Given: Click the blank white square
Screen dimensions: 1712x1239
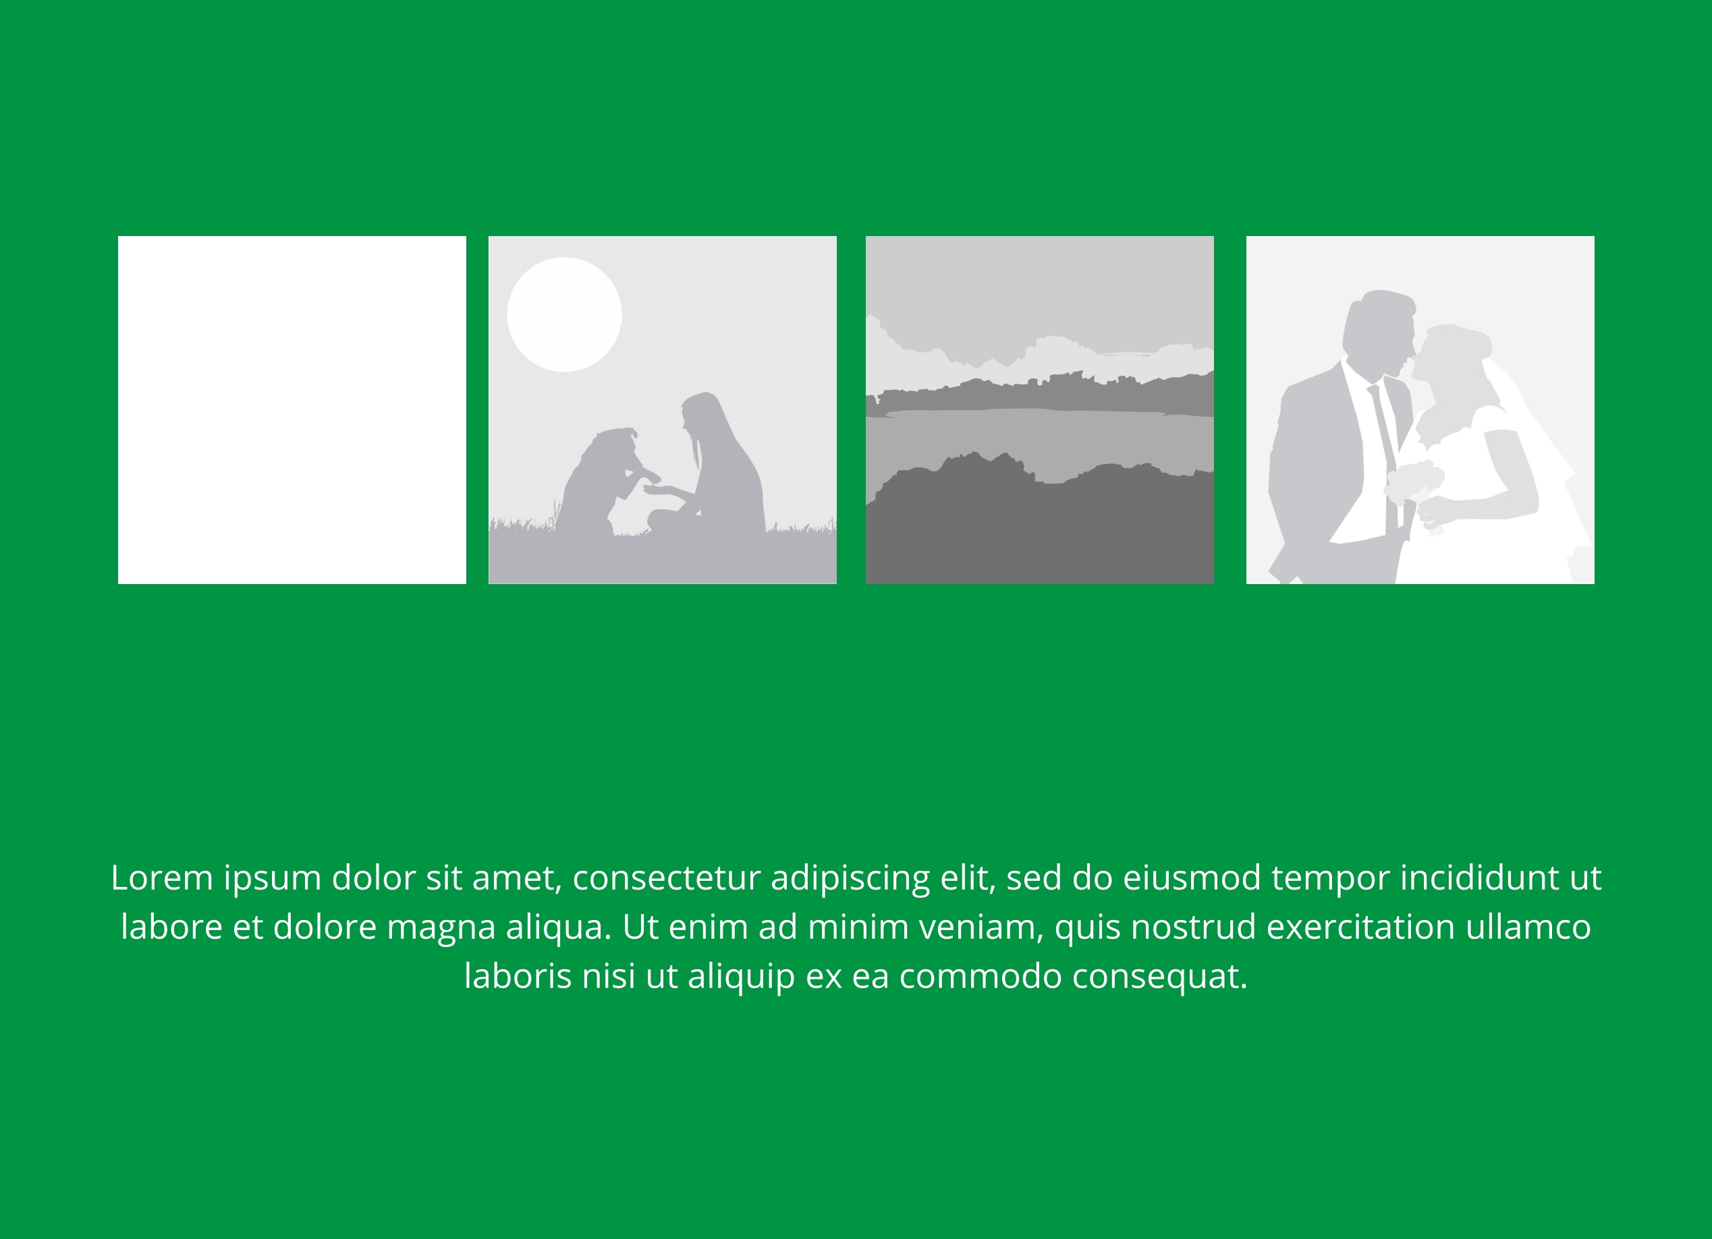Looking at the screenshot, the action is click(x=292, y=409).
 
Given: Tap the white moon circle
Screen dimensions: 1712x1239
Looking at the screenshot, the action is click(x=564, y=315).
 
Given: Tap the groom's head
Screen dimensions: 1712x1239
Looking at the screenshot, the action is click(x=1379, y=332).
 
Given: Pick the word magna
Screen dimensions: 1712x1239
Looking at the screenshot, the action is click(x=441, y=927).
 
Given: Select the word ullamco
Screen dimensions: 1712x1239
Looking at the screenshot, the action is click(x=1528, y=927).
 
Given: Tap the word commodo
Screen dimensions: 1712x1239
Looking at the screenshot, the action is click(x=981, y=977).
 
